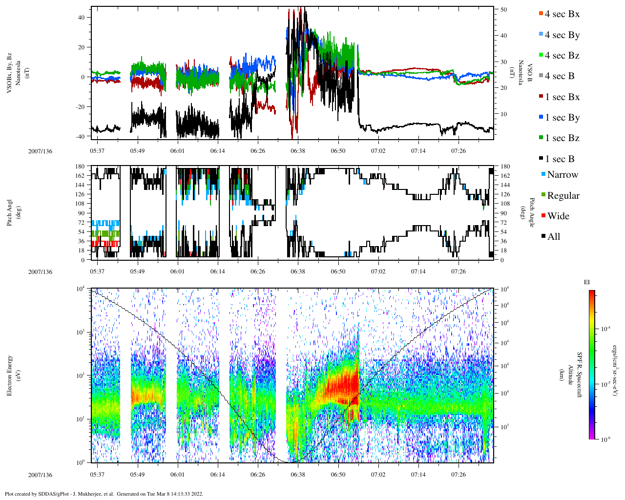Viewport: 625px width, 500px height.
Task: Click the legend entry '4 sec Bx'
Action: (x=562, y=14)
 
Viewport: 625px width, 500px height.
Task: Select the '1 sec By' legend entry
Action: (x=562, y=118)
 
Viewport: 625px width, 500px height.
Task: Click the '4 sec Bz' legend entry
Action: (x=562, y=56)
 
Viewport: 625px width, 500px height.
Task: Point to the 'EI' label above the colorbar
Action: (x=587, y=282)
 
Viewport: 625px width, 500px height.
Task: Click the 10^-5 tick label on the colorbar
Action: (x=605, y=384)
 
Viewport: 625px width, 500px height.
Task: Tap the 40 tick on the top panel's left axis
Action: (x=81, y=17)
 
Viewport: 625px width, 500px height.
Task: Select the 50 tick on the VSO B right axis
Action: (x=503, y=10)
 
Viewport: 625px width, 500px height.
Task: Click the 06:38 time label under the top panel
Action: (x=298, y=151)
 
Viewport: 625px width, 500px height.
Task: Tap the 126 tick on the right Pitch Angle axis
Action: (x=505, y=194)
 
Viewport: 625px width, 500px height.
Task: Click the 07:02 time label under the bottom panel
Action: (x=378, y=475)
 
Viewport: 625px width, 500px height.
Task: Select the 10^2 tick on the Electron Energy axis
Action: (x=81, y=375)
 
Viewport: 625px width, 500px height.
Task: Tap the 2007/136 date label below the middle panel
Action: (x=40, y=271)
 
